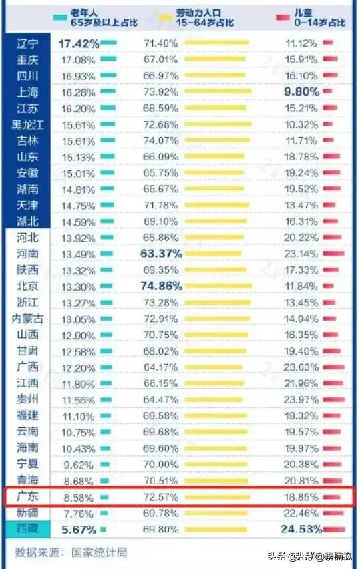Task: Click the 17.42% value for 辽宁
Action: tap(79, 43)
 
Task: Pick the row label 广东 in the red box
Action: tap(29, 497)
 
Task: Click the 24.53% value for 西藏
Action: tap(301, 529)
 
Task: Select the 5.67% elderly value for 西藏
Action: tap(79, 529)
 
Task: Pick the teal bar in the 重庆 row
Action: tap(109, 59)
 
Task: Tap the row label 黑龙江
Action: tap(29, 124)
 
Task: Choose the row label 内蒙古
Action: tap(29, 319)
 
